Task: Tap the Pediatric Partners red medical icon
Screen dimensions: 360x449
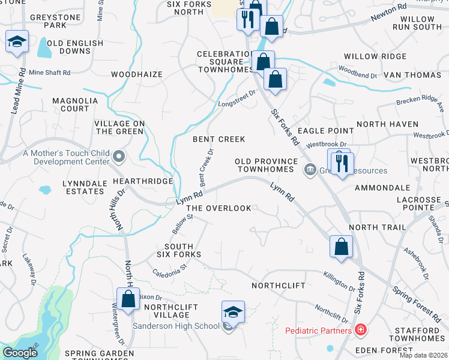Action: (360, 330)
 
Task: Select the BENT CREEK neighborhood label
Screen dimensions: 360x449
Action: (218, 139)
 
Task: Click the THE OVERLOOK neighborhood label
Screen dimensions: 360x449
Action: (218, 208)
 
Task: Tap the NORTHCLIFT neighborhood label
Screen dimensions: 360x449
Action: (279, 285)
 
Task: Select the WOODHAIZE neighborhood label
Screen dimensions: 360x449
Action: (137, 74)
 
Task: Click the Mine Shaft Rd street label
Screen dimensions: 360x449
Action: (50, 73)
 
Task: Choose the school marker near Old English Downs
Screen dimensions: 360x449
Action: (17, 42)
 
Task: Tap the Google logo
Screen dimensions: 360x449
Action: (20, 353)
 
